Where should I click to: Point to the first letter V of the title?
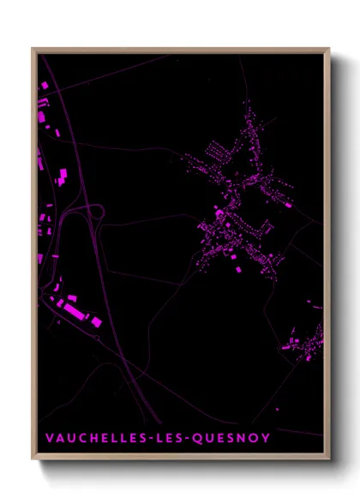(x=49, y=438)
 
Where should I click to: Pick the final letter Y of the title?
(x=270, y=438)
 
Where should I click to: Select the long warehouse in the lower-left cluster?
(x=75, y=311)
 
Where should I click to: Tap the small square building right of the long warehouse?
(x=97, y=321)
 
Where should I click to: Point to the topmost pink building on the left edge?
(x=42, y=86)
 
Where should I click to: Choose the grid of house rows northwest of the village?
(x=211, y=154)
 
